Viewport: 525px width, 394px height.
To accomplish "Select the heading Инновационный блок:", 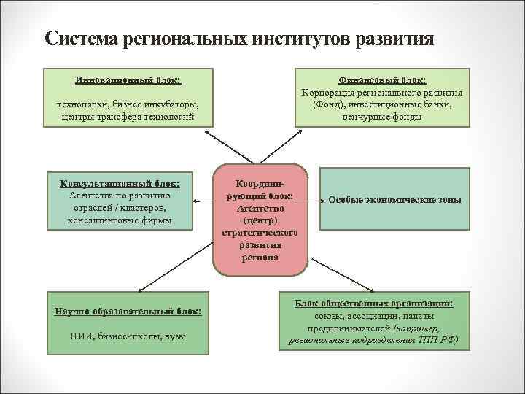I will pos(128,79).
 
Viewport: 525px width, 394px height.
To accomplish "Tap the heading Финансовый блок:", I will pos(382,80).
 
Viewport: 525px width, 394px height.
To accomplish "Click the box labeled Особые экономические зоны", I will pos(394,200).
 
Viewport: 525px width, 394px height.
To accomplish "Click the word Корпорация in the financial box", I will pos(327,93).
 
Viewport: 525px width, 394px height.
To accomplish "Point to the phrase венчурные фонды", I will pos(382,116).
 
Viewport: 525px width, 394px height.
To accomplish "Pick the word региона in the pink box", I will pos(260,257).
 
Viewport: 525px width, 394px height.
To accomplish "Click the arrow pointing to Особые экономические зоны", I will pos(314,198).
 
